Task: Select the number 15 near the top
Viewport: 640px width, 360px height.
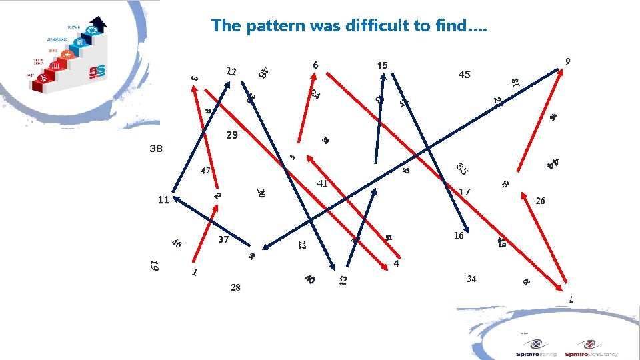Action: [x=382, y=65]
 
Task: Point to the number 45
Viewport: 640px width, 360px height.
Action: [x=465, y=75]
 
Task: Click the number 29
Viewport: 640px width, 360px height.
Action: [x=232, y=135]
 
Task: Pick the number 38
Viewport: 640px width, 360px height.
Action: [x=156, y=149]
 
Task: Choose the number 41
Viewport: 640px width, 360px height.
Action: [x=323, y=183]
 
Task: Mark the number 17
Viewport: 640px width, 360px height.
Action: [x=465, y=192]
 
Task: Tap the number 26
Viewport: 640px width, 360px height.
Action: [x=540, y=200]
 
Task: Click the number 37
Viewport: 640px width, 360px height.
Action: [x=223, y=239]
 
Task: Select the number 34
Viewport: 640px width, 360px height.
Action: [x=471, y=279]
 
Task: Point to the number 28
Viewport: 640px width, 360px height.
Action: [x=235, y=287]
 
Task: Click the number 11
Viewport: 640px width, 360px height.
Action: [x=163, y=199]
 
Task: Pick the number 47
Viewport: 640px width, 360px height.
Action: [x=206, y=171]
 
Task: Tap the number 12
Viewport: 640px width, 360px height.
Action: [x=231, y=71]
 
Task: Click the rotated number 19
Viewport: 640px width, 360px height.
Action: [x=154, y=265]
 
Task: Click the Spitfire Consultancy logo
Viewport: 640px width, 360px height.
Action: [x=591, y=348]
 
